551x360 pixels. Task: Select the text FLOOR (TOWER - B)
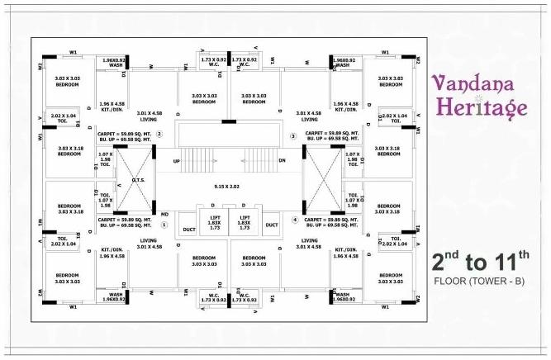click(480, 282)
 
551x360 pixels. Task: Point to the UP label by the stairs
click(176, 161)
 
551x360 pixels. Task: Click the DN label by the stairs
click(282, 161)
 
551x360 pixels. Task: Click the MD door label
click(165, 213)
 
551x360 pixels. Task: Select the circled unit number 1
click(164, 224)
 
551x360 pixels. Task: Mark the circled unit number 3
click(292, 135)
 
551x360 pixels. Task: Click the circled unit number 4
click(294, 219)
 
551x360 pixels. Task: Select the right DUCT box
click(272, 225)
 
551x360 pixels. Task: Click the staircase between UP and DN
click(228, 160)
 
